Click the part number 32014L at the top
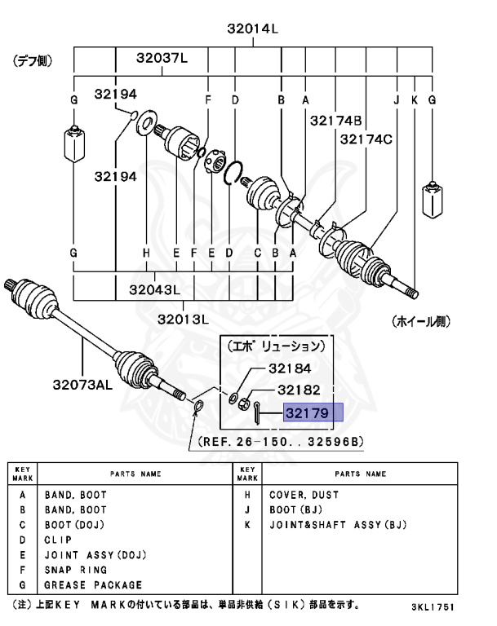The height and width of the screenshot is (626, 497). click(x=252, y=30)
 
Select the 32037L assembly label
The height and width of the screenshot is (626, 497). click(x=162, y=59)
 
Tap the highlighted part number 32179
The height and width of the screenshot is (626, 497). click(x=306, y=413)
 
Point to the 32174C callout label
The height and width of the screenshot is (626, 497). click(x=366, y=139)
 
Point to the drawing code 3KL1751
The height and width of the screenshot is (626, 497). click(x=433, y=608)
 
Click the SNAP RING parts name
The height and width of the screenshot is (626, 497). click(x=72, y=570)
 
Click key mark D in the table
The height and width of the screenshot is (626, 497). click(x=22, y=540)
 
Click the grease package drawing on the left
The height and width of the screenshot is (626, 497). click(x=73, y=144)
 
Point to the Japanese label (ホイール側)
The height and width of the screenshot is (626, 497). click(x=419, y=321)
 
